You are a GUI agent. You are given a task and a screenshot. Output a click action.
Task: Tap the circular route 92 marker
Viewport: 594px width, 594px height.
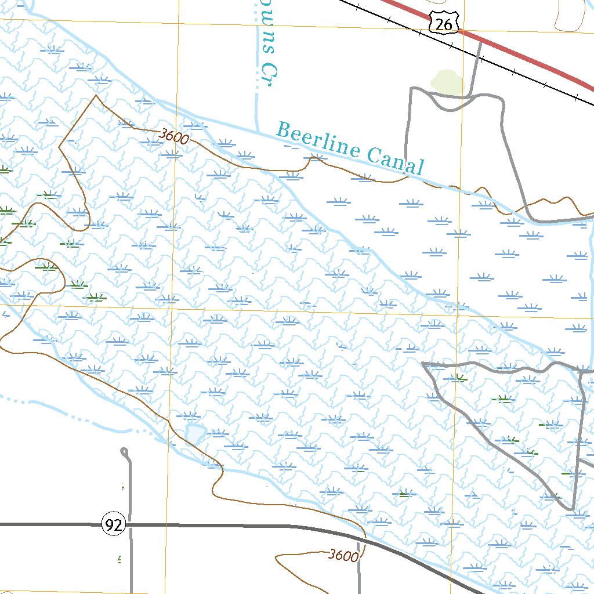tap(114, 525)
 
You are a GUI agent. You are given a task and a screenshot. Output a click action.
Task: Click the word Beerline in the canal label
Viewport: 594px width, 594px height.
tap(318, 141)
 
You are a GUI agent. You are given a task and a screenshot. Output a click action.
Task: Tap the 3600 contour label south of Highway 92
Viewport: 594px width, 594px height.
tap(342, 556)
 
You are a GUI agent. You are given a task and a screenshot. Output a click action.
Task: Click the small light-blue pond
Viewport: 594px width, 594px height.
tap(194, 433)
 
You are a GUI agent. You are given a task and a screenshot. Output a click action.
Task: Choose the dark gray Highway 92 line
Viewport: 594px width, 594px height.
tap(232, 526)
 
